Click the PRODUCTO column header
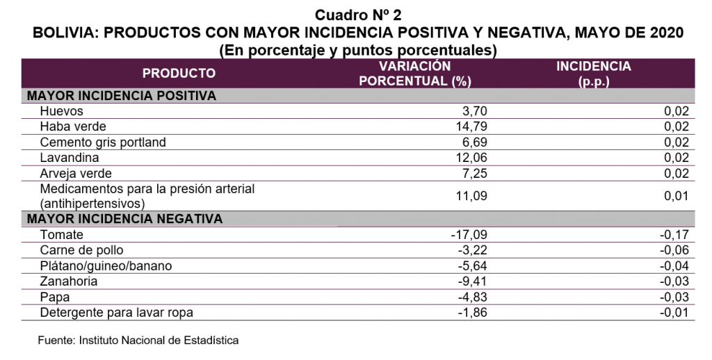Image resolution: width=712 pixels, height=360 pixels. coord(179,74)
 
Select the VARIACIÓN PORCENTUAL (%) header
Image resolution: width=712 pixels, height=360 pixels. coord(415,74)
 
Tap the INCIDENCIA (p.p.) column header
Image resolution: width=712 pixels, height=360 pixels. coord(594,74)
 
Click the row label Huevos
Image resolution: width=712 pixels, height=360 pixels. coord(62,111)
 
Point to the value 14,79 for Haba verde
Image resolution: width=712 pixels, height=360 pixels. coord(471,126)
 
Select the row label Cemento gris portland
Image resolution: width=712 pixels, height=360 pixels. coord(103,142)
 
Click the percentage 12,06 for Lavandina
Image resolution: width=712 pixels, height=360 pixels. coord(471,158)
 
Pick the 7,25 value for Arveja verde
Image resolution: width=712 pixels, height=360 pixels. coord(475,174)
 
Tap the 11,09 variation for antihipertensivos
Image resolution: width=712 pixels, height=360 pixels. coord(471,196)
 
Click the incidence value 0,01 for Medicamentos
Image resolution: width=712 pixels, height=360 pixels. coord(677,196)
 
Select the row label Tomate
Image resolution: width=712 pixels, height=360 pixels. coord(62,235)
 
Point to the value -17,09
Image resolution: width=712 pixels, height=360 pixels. coord(469,235)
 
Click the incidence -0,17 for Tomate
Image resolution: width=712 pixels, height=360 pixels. coord(674,235)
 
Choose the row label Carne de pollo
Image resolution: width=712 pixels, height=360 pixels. coord(82,250)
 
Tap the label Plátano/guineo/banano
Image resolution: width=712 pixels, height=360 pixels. coord(106,265)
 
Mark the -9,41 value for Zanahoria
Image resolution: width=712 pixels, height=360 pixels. coord(473,281)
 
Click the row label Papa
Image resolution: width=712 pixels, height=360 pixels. coord(55,297)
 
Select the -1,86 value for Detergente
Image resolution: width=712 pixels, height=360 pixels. coord(473,313)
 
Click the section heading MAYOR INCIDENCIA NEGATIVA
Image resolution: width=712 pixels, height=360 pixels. coord(125,219)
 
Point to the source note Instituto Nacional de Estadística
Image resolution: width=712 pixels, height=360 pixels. coord(159,340)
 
